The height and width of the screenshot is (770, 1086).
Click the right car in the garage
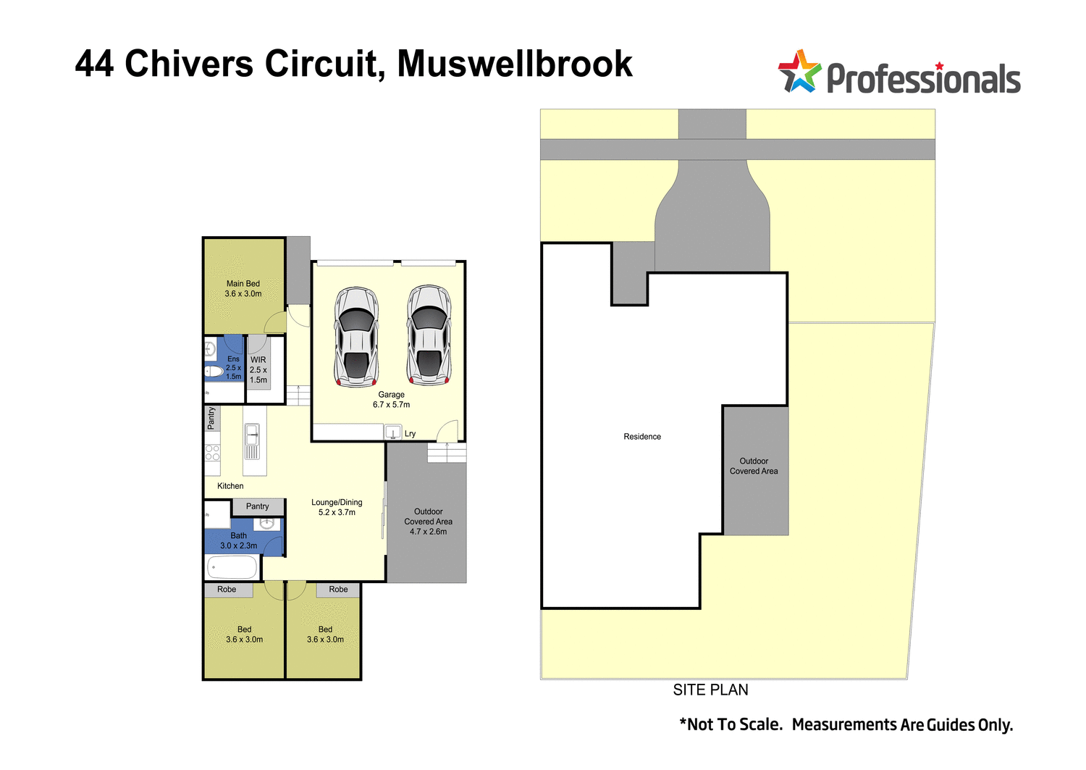(x=429, y=335)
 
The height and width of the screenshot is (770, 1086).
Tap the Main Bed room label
(x=243, y=289)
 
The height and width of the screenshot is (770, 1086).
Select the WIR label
(x=258, y=360)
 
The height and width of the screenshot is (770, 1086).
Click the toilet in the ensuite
(x=214, y=372)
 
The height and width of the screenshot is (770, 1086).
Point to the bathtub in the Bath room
(x=232, y=566)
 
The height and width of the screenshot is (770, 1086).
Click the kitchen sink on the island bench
(x=252, y=436)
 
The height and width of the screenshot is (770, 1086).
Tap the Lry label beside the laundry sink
(x=411, y=434)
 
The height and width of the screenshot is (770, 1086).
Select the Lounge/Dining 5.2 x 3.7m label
(x=337, y=507)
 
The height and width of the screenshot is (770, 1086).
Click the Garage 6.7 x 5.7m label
(x=391, y=400)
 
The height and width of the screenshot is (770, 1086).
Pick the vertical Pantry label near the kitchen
(x=211, y=418)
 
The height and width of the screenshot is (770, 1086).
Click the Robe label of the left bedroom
(x=227, y=590)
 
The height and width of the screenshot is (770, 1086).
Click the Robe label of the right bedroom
(x=338, y=590)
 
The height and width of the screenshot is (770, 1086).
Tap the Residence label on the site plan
(x=642, y=437)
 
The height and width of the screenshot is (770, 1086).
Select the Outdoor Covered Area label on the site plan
(x=754, y=466)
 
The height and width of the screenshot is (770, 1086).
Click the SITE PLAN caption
(x=710, y=690)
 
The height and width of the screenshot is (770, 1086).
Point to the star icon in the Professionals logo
(x=799, y=72)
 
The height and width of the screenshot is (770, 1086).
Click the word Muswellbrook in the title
(x=515, y=64)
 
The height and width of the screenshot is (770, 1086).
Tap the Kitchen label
(x=230, y=486)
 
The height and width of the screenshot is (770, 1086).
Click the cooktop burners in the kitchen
(x=212, y=453)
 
